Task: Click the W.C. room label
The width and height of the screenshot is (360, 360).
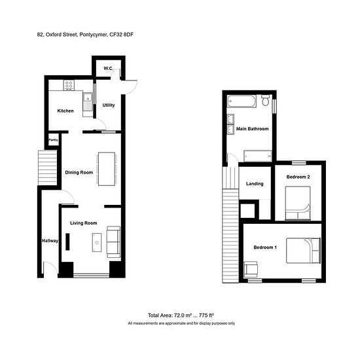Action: click(109, 69)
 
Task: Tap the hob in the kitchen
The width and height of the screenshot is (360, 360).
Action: click(69, 84)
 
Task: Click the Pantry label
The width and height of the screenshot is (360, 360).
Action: click(53, 140)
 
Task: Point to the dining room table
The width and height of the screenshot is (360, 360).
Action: click(107, 169)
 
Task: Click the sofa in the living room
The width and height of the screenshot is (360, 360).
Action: click(113, 242)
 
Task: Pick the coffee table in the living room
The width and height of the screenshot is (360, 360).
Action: click(97, 242)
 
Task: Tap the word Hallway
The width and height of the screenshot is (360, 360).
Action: click(50, 241)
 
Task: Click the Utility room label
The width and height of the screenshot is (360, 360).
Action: click(109, 105)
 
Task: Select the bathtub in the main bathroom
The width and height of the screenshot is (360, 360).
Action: click(242, 101)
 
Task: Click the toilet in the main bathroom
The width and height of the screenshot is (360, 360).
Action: click(265, 100)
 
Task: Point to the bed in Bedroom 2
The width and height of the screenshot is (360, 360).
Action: click(298, 203)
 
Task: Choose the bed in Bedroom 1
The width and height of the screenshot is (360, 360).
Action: click(303, 250)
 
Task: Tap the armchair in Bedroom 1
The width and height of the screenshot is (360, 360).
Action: click(251, 269)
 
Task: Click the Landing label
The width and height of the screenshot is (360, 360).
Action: click(255, 184)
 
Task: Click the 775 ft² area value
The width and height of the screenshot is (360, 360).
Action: click(206, 315)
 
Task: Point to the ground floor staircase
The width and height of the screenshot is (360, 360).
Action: click(48, 168)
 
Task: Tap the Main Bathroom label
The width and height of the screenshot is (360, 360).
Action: click(252, 129)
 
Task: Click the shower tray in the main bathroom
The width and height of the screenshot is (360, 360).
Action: click(258, 156)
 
